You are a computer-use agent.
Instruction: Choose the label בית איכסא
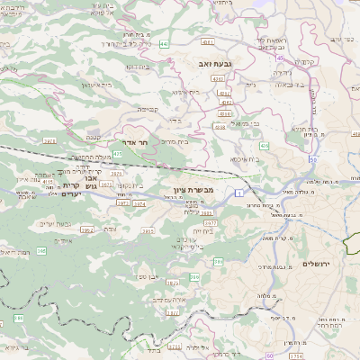[x=244, y=158]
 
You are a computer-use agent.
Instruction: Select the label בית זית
[x=203, y=230]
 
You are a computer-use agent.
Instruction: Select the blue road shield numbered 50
[x=311, y=158]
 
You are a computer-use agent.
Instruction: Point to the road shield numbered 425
[x=119, y=154]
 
